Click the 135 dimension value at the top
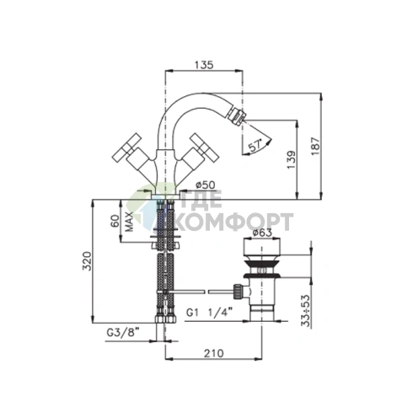pyautogui.click(x=204, y=65)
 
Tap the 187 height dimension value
pyautogui.click(x=315, y=146)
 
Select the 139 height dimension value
pyautogui.click(x=292, y=160)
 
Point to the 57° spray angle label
pyautogui.click(x=255, y=146)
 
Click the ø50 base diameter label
pyautogui.click(x=206, y=185)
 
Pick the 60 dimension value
pyautogui.click(x=115, y=221)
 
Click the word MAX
pyautogui.click(x=129, y=222)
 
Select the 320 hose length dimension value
pyautogui.click(x=87, y=261)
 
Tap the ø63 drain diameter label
pyautogui.click(x=262, y=233)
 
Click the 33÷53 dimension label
pyautogui.click(x=306, y=311)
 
